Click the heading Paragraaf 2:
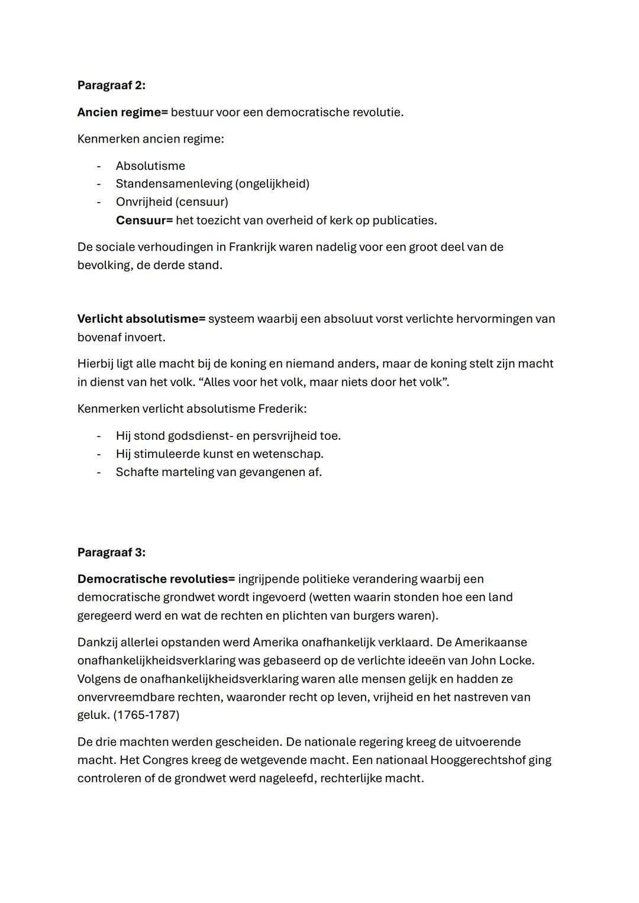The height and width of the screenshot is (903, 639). [x=111, y=85]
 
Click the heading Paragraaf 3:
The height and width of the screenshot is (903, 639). [x=111, y=552]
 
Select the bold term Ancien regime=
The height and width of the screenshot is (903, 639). [x=122, y=112]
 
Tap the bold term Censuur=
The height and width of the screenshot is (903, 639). [x=144, y=221]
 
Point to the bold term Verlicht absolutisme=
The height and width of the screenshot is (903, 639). [x=141, y=319]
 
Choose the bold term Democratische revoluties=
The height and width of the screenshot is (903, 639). [x=156, y=579]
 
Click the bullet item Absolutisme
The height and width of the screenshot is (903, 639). [x=150, y=166]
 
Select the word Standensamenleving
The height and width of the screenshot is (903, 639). [x=174, y=184]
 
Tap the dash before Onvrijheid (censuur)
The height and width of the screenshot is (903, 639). [x=99, y=202]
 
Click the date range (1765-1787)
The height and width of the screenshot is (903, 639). [x=146, y=715]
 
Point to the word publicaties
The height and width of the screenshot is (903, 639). [x=405, y=221]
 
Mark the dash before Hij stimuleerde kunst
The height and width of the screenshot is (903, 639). [x=99, y=455]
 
